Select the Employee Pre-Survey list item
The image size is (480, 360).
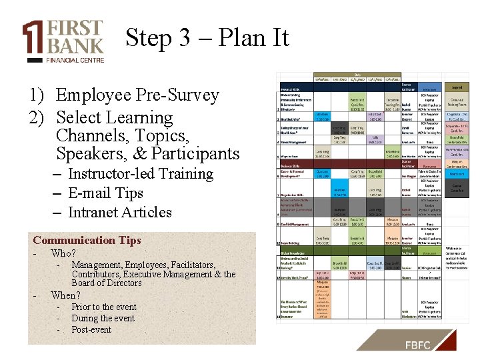pos(137,95)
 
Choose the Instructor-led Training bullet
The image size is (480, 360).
pos(140,174)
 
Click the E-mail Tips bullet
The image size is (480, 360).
pos(105,193)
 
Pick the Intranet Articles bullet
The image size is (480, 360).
pos(120,213)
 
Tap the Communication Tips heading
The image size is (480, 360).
pos(87,241)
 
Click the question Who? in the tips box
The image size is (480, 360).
pos(63,253)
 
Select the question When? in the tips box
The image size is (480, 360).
pos(65,295)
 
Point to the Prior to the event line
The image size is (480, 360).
pos(103,307)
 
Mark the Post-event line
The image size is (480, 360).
pos(91,329)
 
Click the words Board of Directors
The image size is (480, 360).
pos(107,283)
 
